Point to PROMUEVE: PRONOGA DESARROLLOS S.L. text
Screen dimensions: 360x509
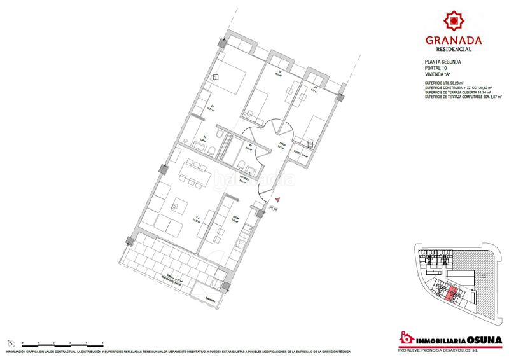point(449,349)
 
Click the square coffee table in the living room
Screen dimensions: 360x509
point(177,205)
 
